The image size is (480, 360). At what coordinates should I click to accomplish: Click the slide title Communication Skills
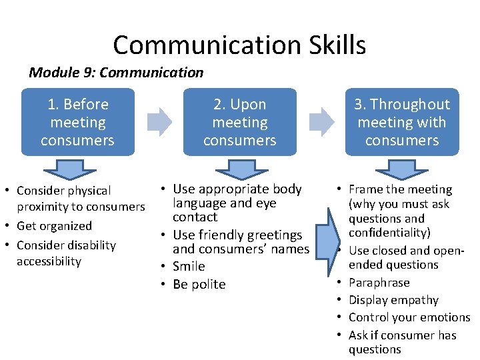coord(239,45)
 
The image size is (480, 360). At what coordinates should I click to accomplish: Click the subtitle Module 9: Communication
coord(116,72)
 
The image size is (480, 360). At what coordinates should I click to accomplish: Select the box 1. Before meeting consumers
coord(77,122)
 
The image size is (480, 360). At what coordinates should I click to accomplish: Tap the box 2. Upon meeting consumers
coord(239,122)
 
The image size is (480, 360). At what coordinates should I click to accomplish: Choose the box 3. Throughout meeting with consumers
coord(402,122)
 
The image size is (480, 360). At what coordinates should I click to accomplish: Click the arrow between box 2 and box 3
coord(322,121)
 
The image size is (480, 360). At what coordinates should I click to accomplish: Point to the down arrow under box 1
coord(78,169)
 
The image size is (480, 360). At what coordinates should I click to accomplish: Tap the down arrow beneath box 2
coord(239,169)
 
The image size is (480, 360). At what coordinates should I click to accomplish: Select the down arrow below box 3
coord(402,169)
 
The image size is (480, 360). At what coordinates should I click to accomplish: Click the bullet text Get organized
coord(54,226)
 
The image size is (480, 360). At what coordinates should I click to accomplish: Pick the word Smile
coord(189,266)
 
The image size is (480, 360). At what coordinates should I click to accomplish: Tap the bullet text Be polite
coord(199,284)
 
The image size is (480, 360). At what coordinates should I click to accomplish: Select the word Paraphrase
coord(379,283)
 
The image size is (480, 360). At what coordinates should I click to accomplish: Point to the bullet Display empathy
coord(393,300)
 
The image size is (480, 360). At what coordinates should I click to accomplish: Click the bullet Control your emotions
coord(409,317)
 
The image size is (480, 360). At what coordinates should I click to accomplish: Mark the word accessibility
coord(49,261)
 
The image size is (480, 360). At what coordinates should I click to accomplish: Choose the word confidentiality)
coord(389,233)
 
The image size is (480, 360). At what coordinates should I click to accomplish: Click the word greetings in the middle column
coord(274,235)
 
